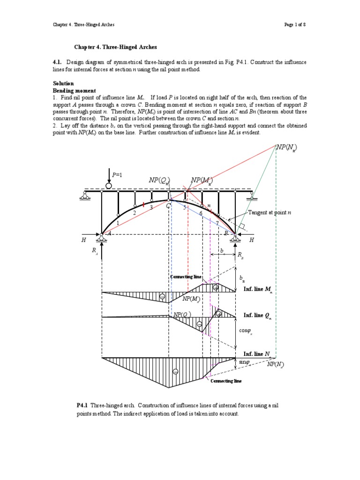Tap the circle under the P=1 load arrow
point(109,186)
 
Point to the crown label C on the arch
point(168,204)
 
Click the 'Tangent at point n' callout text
point(270,213)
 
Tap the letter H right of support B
point(251,240)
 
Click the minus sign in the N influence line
point(175,371)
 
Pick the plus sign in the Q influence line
point(218,313)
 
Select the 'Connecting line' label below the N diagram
point(226,381)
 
